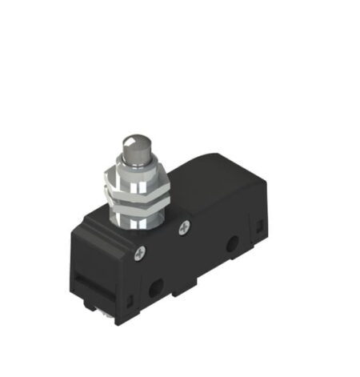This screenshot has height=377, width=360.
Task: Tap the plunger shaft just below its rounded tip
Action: (x=133, y=166)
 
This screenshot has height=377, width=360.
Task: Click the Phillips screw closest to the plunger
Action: (x=185, y=228)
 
